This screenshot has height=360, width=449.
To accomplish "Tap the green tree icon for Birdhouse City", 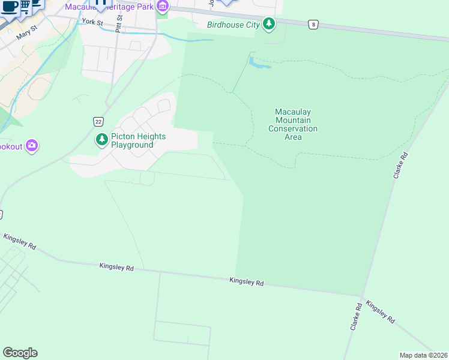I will (x=270, y=24).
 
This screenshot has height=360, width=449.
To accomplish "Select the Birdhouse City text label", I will (x=234, y=25).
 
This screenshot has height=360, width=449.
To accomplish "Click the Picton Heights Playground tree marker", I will (x=102, y=140).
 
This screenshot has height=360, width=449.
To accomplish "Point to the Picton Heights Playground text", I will (x=138, y=140).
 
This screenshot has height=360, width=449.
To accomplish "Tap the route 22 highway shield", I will (x=98, y=121).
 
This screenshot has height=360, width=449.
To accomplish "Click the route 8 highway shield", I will (x=313, y=25).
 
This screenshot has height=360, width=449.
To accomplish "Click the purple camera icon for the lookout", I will (x=32, y=146).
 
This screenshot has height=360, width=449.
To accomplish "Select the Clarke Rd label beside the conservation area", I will (x=401, y=164).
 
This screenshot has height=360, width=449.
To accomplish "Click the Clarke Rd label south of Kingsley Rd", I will (x=356, y=318).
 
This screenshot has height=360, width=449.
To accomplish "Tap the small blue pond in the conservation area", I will (x=259, y=63).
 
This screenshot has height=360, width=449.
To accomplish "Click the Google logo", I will (x=20, y=353).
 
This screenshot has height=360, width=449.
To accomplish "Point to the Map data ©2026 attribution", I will (x=423, y=355).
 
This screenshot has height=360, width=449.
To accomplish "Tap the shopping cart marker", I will (x=25, y=6).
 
